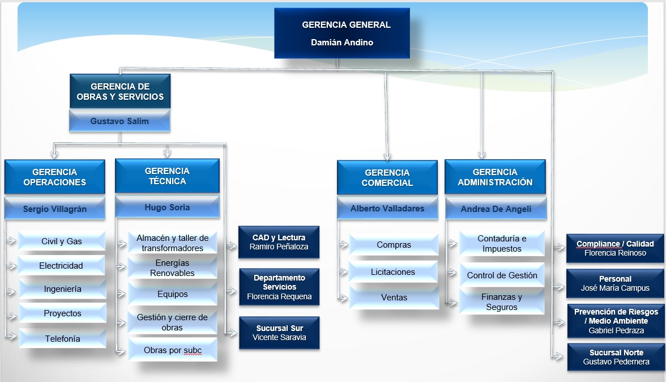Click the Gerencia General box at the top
pos(342,33)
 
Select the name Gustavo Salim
pos(119,121)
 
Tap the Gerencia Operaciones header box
pos(55,177)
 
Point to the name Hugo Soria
pos(167,207)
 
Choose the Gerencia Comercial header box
pos(387,177)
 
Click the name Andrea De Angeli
pos(496,209)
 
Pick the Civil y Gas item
pos(62,241)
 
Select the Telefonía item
pos(62,339)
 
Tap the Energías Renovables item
pos(172,268)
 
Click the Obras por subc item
pos(172,350)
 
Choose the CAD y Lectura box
pos(279,242)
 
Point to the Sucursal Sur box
pos(279,333)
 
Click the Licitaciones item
pos(393,272)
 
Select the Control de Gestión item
pos(502,275)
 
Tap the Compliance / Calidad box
pos(615,248)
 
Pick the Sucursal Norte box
pos(616,357)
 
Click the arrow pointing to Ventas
pos(343,298)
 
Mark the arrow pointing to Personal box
pos(560,287)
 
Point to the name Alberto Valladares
pos(387,209)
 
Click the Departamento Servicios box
pos(279,287)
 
